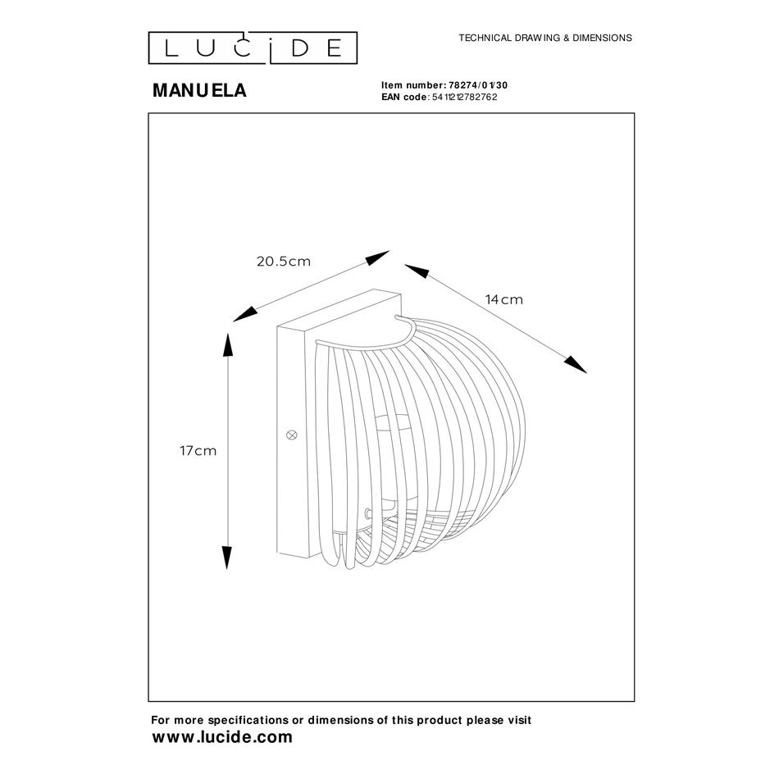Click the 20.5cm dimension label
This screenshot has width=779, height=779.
(x=284, y=262)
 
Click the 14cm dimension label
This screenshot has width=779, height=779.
(x=504, y=299)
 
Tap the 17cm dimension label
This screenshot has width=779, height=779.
(x=198, y=451)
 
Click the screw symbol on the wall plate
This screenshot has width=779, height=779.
(x=292, y=435)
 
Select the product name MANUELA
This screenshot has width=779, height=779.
(x=200, y=90)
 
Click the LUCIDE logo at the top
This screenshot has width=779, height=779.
(x=253, y=48)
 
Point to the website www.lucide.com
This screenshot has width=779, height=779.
(x=222, y=737)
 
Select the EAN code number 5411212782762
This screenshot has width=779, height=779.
(x=464, y=97)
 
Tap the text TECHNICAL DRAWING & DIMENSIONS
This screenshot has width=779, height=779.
(x=545, y=38)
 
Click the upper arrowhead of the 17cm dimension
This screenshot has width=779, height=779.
(x=227, y=344)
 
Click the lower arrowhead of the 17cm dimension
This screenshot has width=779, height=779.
(x=226, y=558)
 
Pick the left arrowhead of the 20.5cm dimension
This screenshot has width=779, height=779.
(x=245, y=315)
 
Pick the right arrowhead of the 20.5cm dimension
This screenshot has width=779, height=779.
(x=377, y=257)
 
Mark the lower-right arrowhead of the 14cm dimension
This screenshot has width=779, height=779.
(x=576, y=365)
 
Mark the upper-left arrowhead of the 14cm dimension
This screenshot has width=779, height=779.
(x=417, y=271)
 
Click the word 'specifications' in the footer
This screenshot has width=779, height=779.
(x=248, y=721)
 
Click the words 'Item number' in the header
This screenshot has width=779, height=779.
(x=411, y=85)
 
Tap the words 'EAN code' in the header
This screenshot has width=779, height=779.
(x=404, y=97)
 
